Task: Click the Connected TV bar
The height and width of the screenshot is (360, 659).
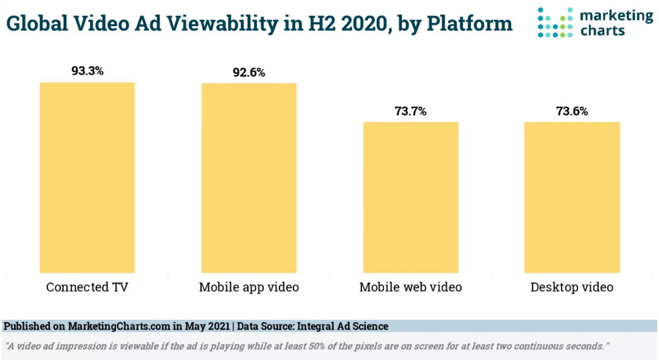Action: tap(87, 177)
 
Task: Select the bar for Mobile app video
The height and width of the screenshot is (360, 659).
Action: tap(249, 178)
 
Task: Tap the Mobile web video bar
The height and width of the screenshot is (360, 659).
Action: tap(411, 197)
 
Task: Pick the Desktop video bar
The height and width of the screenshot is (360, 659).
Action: tap(572, 197)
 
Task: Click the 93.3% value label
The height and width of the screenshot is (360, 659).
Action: tap(87, 71)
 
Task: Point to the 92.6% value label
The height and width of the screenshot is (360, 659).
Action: tap(249, 73)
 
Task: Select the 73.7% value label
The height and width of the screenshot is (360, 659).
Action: tap(411, 112)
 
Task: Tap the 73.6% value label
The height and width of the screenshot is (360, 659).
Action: tap(572, 112)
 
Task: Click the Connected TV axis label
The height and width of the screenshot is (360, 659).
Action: tap(87, 287)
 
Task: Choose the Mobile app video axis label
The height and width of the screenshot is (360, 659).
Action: tap(249, 287)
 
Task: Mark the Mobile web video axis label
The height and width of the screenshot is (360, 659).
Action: tap(411, 287)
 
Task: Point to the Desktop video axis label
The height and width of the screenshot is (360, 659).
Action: tap(572, 287)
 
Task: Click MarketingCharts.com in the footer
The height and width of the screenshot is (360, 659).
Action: tap(119, 327)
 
